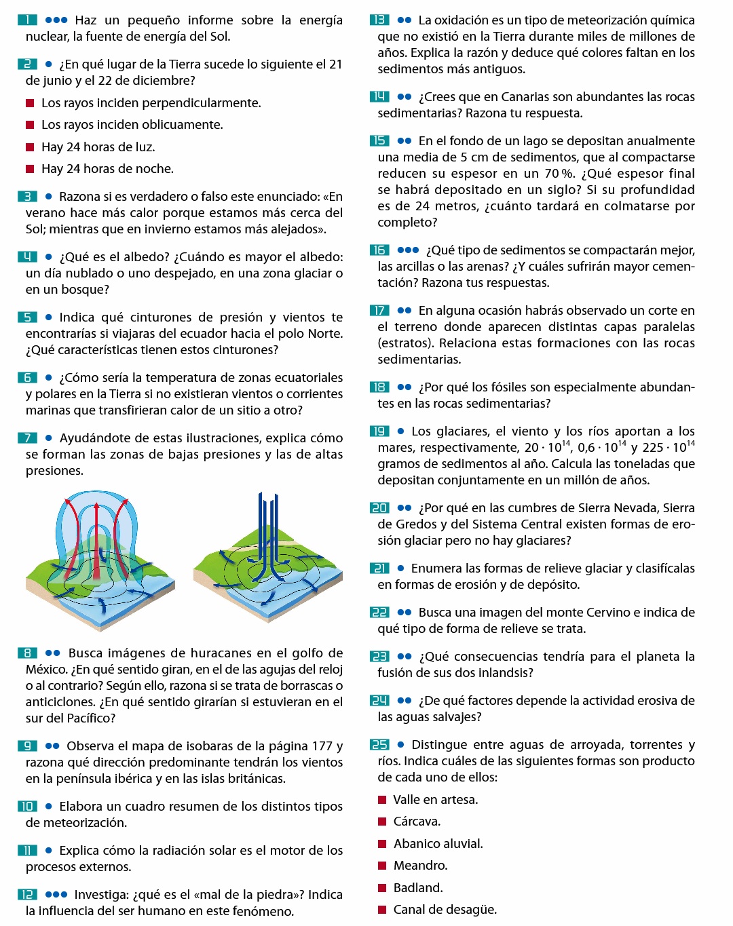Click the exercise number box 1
[x=27, y=20]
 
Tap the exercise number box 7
[x=27, y=438]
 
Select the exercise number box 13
[x=379, y=20]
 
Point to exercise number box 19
[x=379, y=431]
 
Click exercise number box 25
[x=379, y=745]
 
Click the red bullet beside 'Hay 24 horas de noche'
[x=30, y=169]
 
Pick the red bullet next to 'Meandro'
[x=382, y=866]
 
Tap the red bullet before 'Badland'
[x=382, y=888]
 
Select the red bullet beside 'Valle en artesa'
[x=382, y=800]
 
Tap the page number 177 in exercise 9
[x=322, y=746]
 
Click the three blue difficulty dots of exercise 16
[x=408, y=250]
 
